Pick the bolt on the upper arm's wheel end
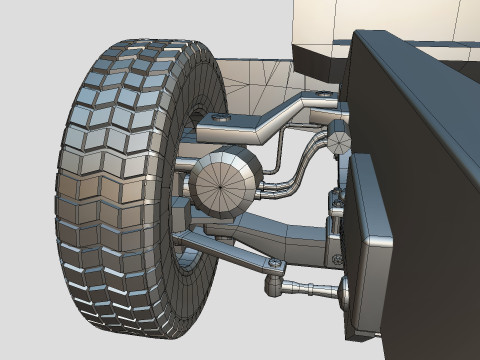[x=218, y=120]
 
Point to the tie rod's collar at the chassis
[x=346, y=292]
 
